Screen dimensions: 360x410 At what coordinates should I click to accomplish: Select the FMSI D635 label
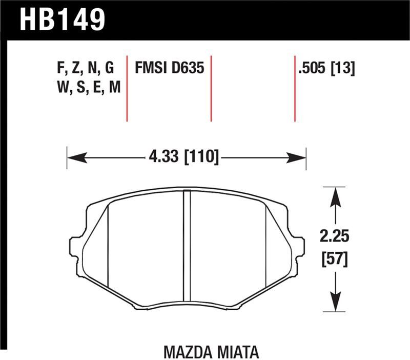coord(169,68)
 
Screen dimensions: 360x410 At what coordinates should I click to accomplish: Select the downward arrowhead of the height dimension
coord(335,303)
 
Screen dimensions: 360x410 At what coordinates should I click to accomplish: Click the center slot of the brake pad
coord(187,247)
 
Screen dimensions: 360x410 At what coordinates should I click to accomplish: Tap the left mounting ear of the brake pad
coord(75,247)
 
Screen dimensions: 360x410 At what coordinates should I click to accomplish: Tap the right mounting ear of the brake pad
coord(299,247)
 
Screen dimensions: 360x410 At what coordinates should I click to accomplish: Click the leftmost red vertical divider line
coord(127,87)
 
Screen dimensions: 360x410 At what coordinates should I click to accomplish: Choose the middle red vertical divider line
coord(211,87)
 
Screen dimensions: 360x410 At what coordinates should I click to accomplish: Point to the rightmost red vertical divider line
coord(295,87)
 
